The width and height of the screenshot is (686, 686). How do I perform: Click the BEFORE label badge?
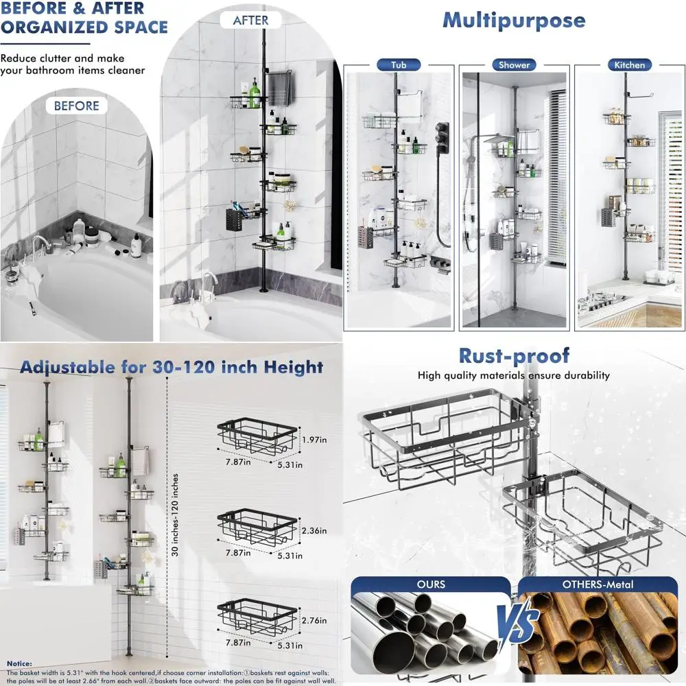[x=76, y=106]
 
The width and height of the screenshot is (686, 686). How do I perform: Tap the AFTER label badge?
[x=251, y=20]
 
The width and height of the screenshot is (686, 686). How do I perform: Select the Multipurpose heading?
[x=514, y=20]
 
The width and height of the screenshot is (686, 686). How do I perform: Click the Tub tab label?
[x=399, y=64]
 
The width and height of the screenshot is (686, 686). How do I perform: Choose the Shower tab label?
[x=514, y=64]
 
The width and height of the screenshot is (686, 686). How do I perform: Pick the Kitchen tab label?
[x=629, y=64]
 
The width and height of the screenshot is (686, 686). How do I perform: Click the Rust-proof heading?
[x=514, y=355]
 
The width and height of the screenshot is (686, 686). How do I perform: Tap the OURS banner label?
[x=430, y=584]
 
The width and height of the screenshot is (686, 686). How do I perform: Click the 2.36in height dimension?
[x=314, y=530]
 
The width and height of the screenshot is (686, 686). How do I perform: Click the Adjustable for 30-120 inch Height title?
[x=171, y=366]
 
